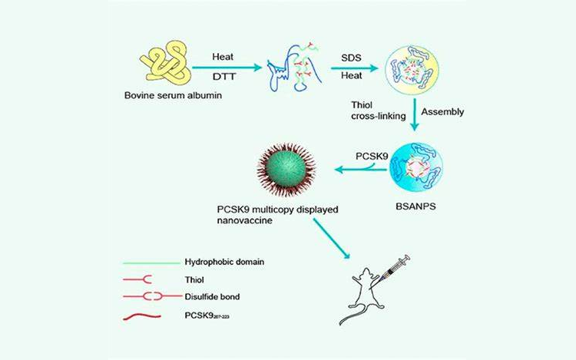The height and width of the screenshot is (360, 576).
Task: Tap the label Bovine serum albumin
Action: [164, 96]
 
